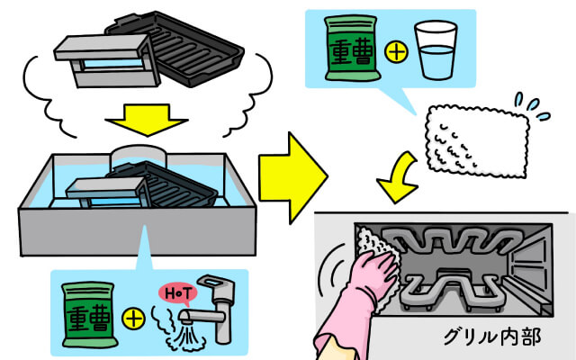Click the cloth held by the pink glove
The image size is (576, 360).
[373, 244]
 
